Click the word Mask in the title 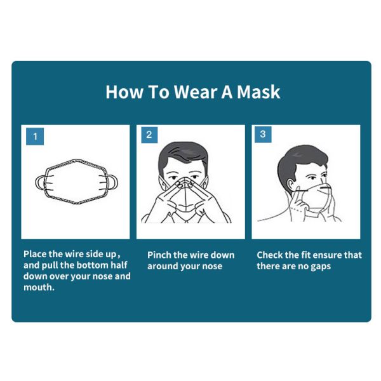pyautogui.click(x=258, y=92)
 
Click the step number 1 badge pyautogui.click(x=35, y=136)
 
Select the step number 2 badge pyautogui.click(x=149, y=135)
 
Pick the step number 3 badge pyautogui.click(x=263, y=135)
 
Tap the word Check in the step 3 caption pyautogui.click(x=271, y=255)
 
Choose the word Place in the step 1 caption pyautogui.click(x=36, y=253)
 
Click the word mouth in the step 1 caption pyautogui.click(x=39, y=288)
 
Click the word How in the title pyautogui.click(x=120, y=92)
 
